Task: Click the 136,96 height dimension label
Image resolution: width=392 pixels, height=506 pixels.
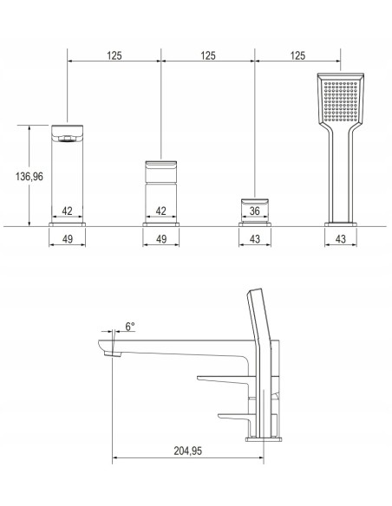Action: (29, 177)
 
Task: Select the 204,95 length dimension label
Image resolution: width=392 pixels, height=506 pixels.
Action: (188, 451)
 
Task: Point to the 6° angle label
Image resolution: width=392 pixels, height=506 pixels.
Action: (130, 327)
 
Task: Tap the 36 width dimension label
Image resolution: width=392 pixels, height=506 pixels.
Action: (255, 211)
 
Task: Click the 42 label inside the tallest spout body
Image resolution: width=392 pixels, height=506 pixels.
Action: (67, 211)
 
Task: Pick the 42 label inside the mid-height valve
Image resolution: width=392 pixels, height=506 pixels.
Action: (160, 211)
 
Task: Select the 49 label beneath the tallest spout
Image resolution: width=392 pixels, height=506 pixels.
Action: (67, 239)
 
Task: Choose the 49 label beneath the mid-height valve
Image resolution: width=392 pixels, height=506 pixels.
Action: (161, 239)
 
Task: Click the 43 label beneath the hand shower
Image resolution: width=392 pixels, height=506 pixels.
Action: (341, 239)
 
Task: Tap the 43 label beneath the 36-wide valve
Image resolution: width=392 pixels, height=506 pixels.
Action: (255, 239)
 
